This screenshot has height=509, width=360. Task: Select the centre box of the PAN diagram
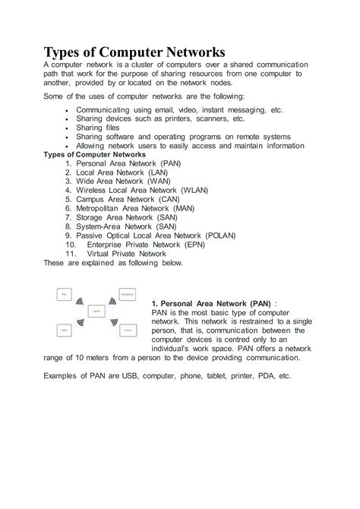click(96, 311)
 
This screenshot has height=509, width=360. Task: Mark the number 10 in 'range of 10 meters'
click(69, 358)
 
